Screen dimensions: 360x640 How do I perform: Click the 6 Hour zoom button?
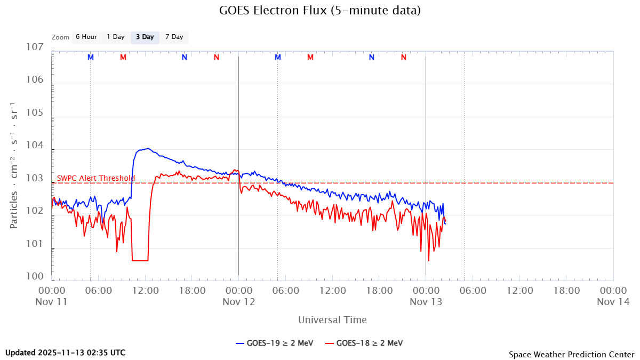tap(86, 37)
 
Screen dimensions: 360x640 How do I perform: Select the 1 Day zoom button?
tap(115, 37)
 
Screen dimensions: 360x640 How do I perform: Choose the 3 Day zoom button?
tap(145, 37)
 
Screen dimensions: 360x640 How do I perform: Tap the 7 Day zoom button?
tap(174, 37)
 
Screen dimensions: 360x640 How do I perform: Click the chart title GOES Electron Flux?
tap(320, 10)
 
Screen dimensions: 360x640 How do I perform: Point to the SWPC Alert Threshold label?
tap(96, 178)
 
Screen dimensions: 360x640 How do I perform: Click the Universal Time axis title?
tap(332, 320)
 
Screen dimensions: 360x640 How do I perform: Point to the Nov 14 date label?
tap(613, 301)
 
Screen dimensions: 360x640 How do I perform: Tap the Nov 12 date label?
tap(238, 301)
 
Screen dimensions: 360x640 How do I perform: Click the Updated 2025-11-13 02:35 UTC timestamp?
tap(66, 353)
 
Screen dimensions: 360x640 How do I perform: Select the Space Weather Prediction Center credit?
tap(571, 354)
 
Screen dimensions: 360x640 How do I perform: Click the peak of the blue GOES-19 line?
tap(148, 148)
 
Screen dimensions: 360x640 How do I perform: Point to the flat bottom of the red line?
tap(140, 260)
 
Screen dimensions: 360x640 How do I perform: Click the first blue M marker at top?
tap(91, 57)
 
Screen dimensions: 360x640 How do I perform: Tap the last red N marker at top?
tap(404, 57)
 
